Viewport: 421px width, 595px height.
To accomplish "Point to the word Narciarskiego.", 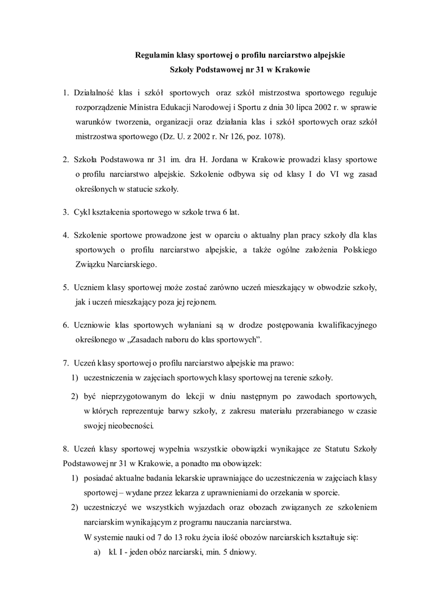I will (129, 264).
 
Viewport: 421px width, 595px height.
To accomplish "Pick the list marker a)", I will (97, 552).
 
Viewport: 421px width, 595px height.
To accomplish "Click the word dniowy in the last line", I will (242, 552).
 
